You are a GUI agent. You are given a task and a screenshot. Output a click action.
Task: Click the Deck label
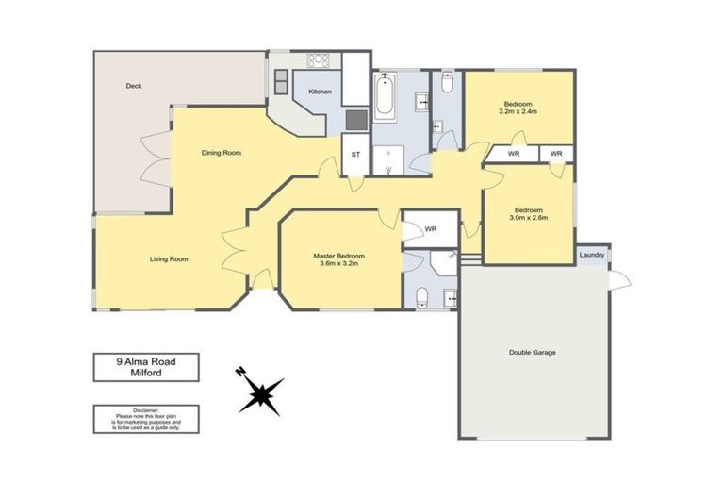(134, 86)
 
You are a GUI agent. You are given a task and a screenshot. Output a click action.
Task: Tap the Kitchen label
(320, 92)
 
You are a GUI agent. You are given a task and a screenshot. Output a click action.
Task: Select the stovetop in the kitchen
(319, 60)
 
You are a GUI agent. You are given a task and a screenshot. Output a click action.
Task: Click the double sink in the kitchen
(281, 82)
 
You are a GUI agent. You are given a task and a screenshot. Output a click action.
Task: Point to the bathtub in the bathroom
(385, 97)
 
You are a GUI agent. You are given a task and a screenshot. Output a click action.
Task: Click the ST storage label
(355, 155)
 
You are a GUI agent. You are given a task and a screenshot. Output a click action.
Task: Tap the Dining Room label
(222, 153)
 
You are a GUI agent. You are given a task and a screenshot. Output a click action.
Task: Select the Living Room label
(169, 259)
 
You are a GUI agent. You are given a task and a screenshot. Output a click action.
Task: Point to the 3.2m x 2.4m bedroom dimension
(518, 111)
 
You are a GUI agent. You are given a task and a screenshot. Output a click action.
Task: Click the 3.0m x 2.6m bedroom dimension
(529, 218)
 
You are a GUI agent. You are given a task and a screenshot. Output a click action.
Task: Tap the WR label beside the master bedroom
(431, 229)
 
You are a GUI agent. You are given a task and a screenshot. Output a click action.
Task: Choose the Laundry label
(592, 255)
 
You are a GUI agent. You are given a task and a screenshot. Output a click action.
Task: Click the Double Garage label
(533, 352)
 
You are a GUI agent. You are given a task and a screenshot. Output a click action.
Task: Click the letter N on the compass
(240, 372)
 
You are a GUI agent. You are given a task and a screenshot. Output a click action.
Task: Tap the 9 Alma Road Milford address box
(146, 368)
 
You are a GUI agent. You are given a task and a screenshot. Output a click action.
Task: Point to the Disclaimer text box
(146, 419)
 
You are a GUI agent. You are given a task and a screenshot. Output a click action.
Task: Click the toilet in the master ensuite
(422, 297)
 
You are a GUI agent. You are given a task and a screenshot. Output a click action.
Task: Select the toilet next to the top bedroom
(448, 82)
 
